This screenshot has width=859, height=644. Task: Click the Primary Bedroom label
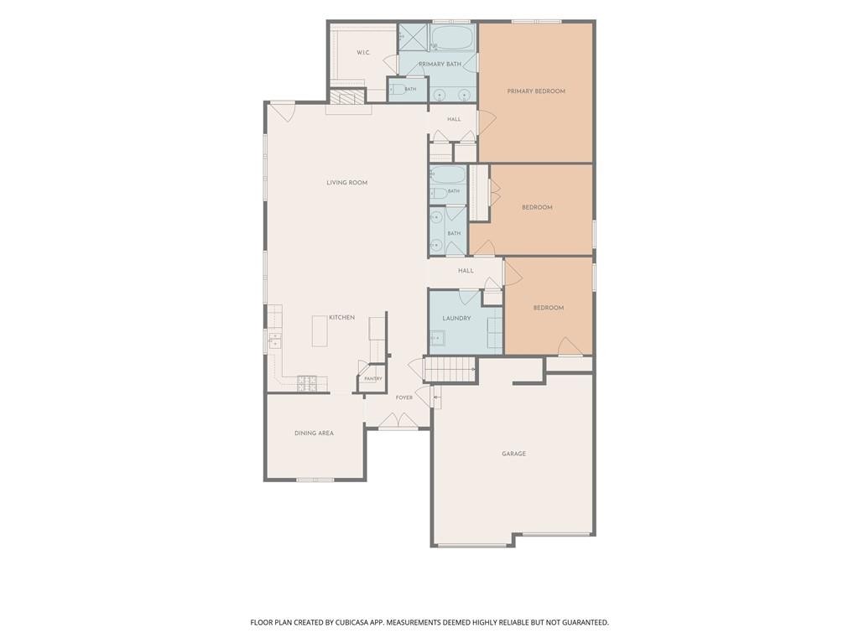point(536,91)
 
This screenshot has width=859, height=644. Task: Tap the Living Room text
point(346,183)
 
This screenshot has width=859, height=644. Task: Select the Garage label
point(514,454)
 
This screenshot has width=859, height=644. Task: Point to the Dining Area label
point(314,434)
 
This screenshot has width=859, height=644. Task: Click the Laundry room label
point(456,318)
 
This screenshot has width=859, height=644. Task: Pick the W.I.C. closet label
point(363,53)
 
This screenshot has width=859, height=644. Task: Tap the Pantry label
point(373,379)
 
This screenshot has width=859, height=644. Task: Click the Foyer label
point(404,397)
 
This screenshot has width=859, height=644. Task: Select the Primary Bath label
point(440,64)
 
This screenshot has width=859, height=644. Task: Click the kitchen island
point(320,330)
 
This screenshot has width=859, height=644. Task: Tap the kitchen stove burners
point(307,383)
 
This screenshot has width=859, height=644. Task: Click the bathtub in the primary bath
point(452,37)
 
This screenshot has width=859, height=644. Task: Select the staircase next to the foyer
point(450,369)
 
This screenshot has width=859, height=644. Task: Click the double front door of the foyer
point(398,421)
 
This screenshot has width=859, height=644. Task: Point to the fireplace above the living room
point(347,97)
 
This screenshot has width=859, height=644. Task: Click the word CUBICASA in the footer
point(360,623)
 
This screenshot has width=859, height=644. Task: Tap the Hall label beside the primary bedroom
point(454,119)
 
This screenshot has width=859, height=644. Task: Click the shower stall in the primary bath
point(414,37)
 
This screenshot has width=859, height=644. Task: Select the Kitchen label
point(342,318)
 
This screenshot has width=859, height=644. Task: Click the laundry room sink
point(437,338)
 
